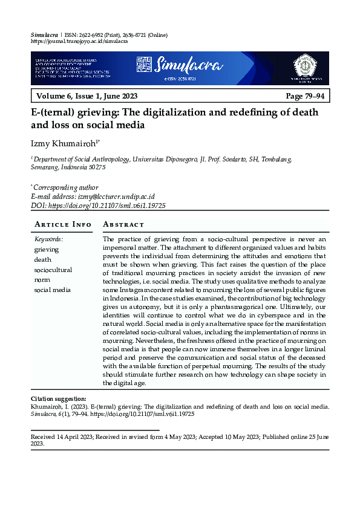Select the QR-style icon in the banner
(143, 63)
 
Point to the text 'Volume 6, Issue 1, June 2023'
(87, 97)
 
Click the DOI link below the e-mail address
(108, 206)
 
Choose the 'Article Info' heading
(63, 224)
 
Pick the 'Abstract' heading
(124, 224)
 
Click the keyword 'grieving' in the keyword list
(47, 249)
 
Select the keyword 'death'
(43, 259)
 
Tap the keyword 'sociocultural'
(53, 270)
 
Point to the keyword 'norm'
(42, 279)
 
